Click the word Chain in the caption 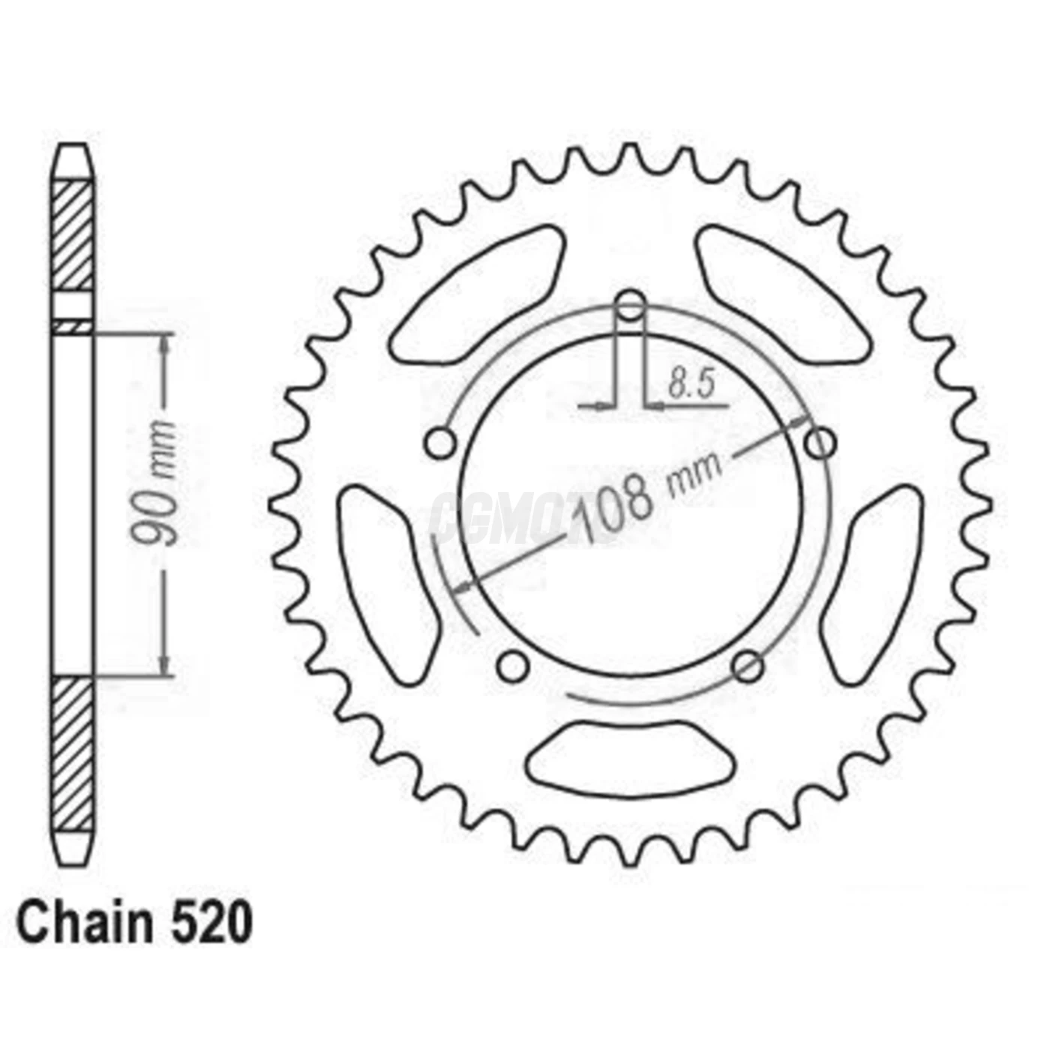pos(83,924)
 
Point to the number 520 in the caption pos(211,924)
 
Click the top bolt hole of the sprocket pos(630,306)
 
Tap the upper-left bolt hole pos(439,443)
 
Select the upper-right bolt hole pos(820,443)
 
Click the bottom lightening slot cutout pos(630,759)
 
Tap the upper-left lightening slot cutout pos(480,292)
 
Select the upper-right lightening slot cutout pos(780,292)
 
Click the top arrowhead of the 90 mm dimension pos(164,341)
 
